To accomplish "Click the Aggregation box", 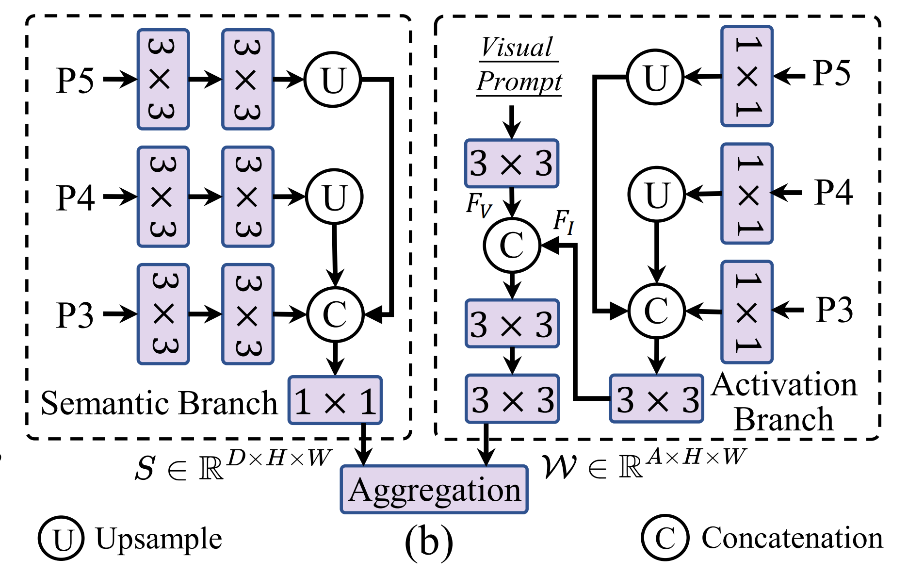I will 434,489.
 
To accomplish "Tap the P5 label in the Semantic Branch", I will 75,80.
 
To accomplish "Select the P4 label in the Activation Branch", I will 833,192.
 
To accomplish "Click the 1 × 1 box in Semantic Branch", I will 335,401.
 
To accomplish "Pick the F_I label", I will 564,222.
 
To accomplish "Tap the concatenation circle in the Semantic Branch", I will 335,314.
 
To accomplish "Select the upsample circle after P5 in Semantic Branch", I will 333,80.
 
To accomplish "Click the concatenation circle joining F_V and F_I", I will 512,245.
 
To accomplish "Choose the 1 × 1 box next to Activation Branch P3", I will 746,312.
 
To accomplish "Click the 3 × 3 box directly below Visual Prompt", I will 512,164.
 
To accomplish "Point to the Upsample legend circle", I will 62,539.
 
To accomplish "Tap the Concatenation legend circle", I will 665,538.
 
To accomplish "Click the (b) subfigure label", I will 429,542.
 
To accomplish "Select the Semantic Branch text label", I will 159,403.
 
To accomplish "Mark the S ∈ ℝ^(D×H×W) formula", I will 233,465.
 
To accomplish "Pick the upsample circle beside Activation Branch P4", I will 656,195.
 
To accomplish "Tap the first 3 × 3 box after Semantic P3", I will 163,314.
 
